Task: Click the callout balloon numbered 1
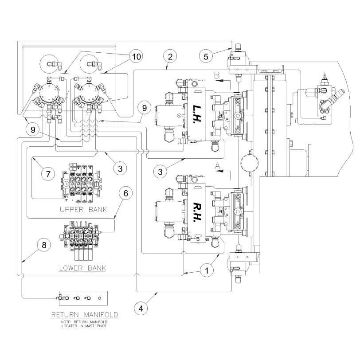point(206,269)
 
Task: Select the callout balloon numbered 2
point(170,56)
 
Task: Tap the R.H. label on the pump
point(196,212)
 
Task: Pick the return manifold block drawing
point(82,297)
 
